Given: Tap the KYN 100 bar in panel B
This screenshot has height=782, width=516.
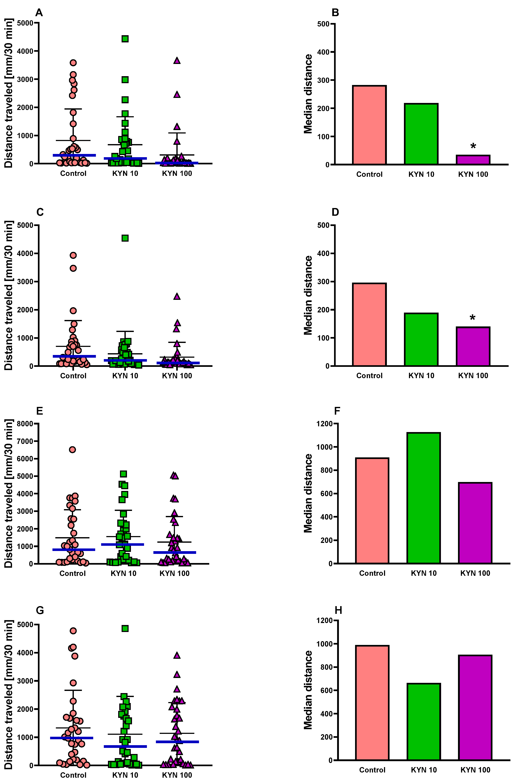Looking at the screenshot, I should pos(473,160).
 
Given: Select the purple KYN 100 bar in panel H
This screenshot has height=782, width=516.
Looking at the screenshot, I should pos(475,708).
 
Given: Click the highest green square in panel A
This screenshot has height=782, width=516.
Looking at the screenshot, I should pos(125,39).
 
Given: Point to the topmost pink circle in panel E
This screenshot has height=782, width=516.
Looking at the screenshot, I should pos(72,450).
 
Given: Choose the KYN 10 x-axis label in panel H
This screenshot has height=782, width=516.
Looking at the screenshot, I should pos(424,770).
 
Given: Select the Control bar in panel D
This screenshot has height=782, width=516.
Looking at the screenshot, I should pos(369,324).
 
